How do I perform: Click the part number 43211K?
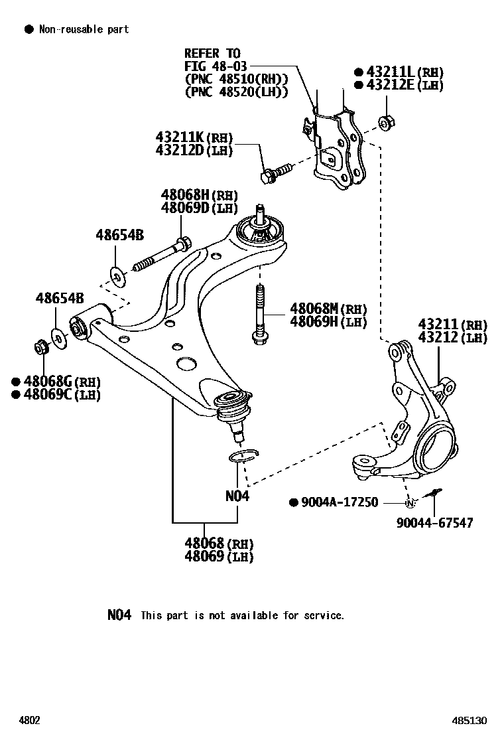click(x=180, y=138)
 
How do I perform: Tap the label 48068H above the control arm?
click(x=185, y=195)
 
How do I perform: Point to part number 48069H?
click(x=314, y=322)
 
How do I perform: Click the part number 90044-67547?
click(x=435, y=523)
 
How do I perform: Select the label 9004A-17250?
click(x=339, y=502)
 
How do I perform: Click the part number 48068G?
click(x=48, y=382)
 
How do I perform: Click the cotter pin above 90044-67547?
click(x=434, y=493)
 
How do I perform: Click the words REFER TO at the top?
click(x=212, y=53)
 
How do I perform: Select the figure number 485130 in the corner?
click(x=470, y=720)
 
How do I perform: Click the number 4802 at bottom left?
click(x=30, y=720)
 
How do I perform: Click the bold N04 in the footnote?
click(x=120, y=615)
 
